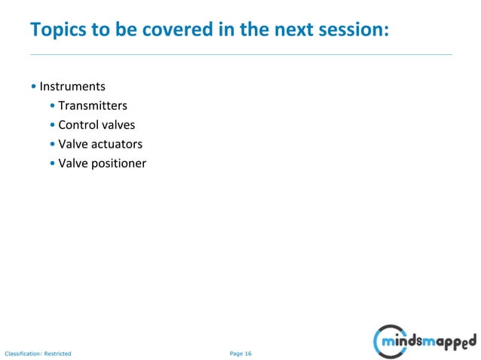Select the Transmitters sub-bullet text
click(92, 106)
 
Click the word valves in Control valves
click(118, 125)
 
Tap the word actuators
click(116, 144)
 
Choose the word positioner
click(118, 163)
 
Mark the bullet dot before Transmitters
click(52, 106)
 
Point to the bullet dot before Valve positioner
click(52, 163)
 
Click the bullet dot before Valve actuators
click(52, 145)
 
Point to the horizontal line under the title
click(240, 54)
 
